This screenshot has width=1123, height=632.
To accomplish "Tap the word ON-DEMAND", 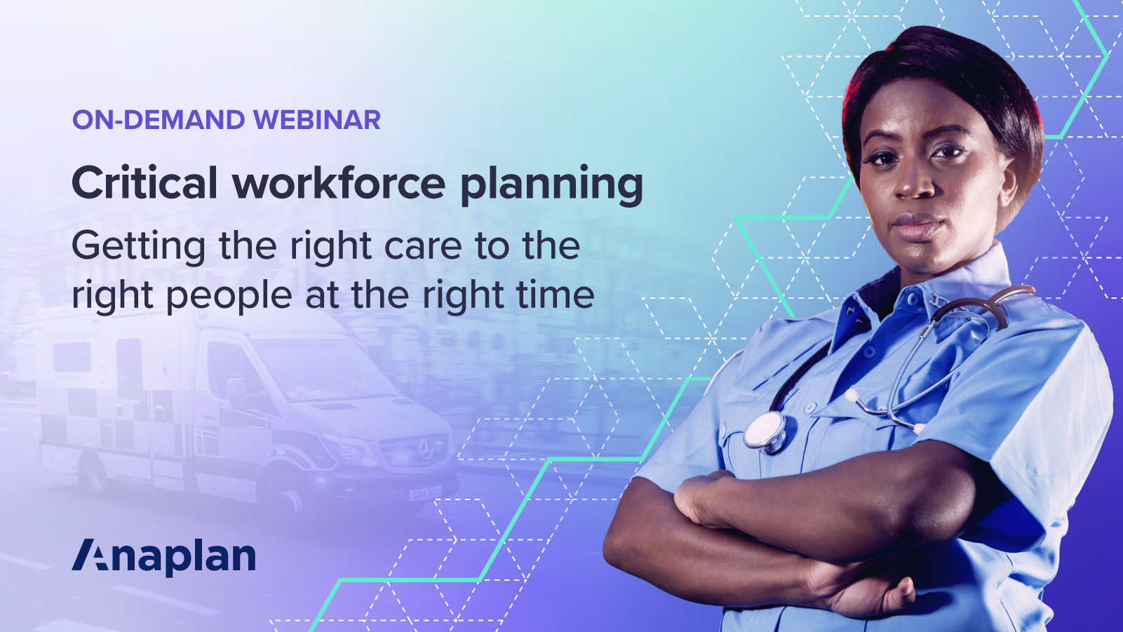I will [x=159, y=120].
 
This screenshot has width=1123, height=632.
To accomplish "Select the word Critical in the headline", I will [x=144, y=183].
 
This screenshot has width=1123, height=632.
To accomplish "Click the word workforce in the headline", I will [x=339, y=183].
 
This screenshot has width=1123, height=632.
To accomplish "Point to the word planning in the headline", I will [x=551, y=184].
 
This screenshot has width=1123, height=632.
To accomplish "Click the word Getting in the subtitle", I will [x=139, y=247].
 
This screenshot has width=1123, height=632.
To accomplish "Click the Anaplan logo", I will [x=164, y=557].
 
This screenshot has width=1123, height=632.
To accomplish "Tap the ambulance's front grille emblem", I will [x=424, y=446].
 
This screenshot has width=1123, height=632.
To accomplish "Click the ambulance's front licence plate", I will [x=424, y=493].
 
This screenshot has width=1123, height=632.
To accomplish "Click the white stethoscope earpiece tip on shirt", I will [x=851, y=395].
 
